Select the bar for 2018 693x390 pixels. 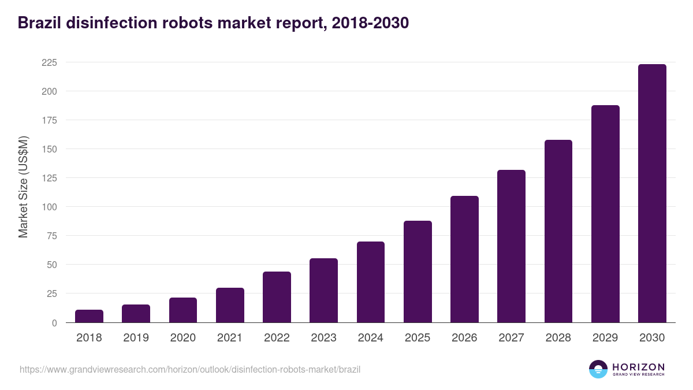pyautogui.click(x=89, y=316)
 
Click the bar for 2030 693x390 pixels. pyautogui.click(x=652, y=194)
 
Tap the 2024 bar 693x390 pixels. pyautogui.click(x=371, y=282)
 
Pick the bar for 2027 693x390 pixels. pyautogui.click(x=511, y=246)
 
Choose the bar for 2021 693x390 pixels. pyautogui.click(x=230, y=305)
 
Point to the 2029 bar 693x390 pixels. pyautogui.click(x=605, y=214)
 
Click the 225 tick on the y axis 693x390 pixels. pyautogui.click(x=49, y=62)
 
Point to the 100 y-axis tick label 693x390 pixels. pyautogui.click(x=49, y=207)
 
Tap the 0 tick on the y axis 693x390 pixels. pyautogui.click(x=54, y=323)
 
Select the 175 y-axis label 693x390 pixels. pyautogui.click(x=49, y=120)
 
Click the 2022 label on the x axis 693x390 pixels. pyautogui.click(x=277, y=338)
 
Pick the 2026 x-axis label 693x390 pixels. pyautogui.click(x=464, y=338)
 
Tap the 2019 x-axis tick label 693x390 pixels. pyautogui.click(x=136, y=338)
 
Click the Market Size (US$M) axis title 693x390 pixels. pyautogui.click(x=23, y=187)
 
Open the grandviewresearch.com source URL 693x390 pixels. pyautogui.click(x=190, y=369)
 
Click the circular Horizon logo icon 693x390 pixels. pyautogui.click(x=598, y=369)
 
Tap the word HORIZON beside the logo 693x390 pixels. pyautogui.click(x=638, y=367)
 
